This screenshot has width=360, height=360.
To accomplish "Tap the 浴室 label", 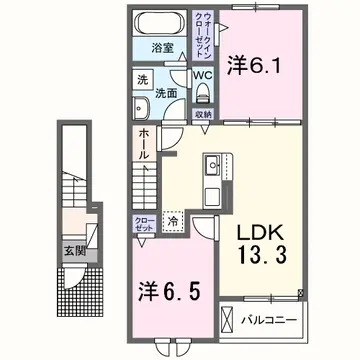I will point(163,47).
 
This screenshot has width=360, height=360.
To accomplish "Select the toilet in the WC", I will point(202,93).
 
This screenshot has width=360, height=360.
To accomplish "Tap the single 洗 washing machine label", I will point(143,80).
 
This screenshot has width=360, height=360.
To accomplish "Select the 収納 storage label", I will point(202,114).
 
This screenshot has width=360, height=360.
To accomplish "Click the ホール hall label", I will point(144,147).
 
